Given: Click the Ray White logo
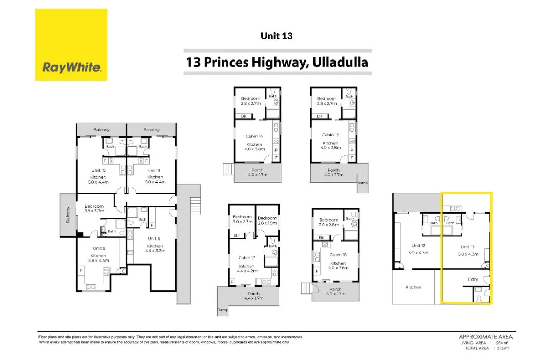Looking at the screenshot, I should click(71, 45).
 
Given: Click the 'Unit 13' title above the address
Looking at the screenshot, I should click(277, 36).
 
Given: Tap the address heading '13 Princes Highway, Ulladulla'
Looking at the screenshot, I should click(278, 63).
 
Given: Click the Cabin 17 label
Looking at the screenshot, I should click(246, 258).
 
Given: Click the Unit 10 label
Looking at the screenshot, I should click(99, 170).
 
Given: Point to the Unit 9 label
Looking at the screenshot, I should click(99, 248).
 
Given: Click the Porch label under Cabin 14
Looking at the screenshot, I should click(258, 170).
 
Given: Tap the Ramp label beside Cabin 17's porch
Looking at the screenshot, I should click(222, 310).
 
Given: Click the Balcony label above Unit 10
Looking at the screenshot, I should click(102, 130).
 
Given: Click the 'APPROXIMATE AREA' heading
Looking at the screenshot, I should click(485, 337).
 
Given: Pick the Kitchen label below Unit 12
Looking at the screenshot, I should click(413, 287).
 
